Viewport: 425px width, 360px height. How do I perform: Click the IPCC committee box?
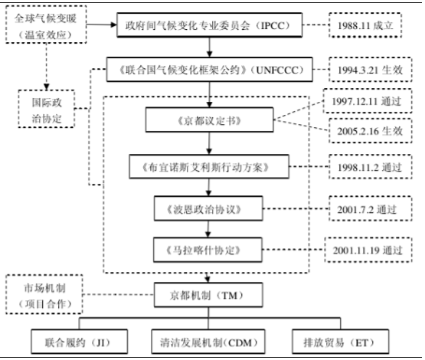tap(210, 25)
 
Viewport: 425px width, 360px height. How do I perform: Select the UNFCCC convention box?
tap(209, 70)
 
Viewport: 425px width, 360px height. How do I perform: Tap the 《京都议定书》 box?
tap(209, 119)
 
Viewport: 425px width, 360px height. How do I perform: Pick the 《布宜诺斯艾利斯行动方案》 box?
tap(209, 166)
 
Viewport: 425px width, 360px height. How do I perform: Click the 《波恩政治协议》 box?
tap(208, 208)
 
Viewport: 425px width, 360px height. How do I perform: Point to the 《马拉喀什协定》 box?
tap(208, 250)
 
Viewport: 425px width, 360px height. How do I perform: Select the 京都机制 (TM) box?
tap(208, 295)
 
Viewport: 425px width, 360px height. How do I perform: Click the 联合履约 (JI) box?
tap(79, 342)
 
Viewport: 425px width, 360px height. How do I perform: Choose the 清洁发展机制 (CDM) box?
tap(208, 342)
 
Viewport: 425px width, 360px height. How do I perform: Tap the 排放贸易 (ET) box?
tap(341, 342)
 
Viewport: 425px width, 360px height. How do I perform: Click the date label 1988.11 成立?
tap(365, 25)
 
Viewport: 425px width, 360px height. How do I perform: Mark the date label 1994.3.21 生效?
tap(371, 70)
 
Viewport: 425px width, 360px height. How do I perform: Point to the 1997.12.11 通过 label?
tap(368, 101)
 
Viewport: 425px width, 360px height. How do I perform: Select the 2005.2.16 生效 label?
tap(371, 131)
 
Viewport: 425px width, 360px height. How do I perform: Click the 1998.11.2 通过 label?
tap(371, 167)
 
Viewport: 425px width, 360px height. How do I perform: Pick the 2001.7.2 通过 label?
tap(371, 208)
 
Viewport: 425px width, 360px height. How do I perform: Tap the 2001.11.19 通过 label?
tap(368, 250)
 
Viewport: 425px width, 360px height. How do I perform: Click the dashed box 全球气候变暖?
tap(46, 24)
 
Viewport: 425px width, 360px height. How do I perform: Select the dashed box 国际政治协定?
tap(47, 109)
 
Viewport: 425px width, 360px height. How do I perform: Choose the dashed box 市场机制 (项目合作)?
tap(44, 294)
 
